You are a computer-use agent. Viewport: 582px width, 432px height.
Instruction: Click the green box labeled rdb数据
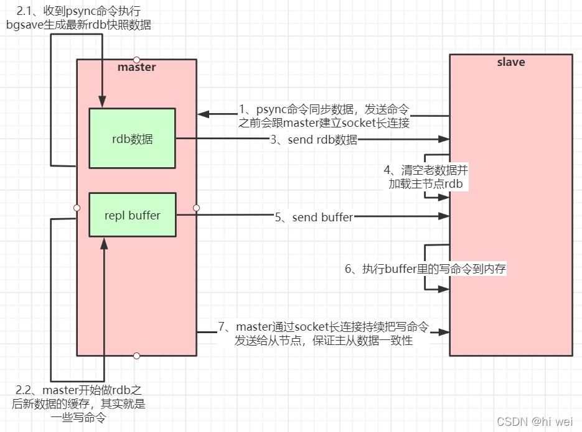coord(132,139)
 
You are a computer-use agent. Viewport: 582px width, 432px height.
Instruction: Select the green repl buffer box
coord(132,215)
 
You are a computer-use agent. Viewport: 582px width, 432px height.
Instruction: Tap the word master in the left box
coord(136,67)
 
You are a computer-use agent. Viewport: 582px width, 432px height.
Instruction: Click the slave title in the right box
coord(510,62)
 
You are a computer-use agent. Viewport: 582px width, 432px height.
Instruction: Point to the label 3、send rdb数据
coord(314,140)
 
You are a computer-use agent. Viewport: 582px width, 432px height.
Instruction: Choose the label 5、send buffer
coord(314,217)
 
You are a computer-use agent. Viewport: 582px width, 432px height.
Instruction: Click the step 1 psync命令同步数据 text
coord(324,116)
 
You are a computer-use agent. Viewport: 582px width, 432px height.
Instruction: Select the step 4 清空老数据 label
coord(425,177)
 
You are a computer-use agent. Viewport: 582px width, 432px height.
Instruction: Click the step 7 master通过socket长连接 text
coord(324,333)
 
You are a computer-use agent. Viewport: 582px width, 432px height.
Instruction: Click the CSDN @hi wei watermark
coord(535,421)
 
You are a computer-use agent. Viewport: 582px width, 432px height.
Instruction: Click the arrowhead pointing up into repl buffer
coord(104,243)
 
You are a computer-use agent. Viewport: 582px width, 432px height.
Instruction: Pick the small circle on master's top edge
coord(137,60)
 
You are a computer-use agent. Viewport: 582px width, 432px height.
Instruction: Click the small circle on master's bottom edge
coord(137,356)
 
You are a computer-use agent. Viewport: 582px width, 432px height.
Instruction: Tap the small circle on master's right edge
coord(197,208)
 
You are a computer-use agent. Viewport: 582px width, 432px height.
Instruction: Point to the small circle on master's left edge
coord(77,208)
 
